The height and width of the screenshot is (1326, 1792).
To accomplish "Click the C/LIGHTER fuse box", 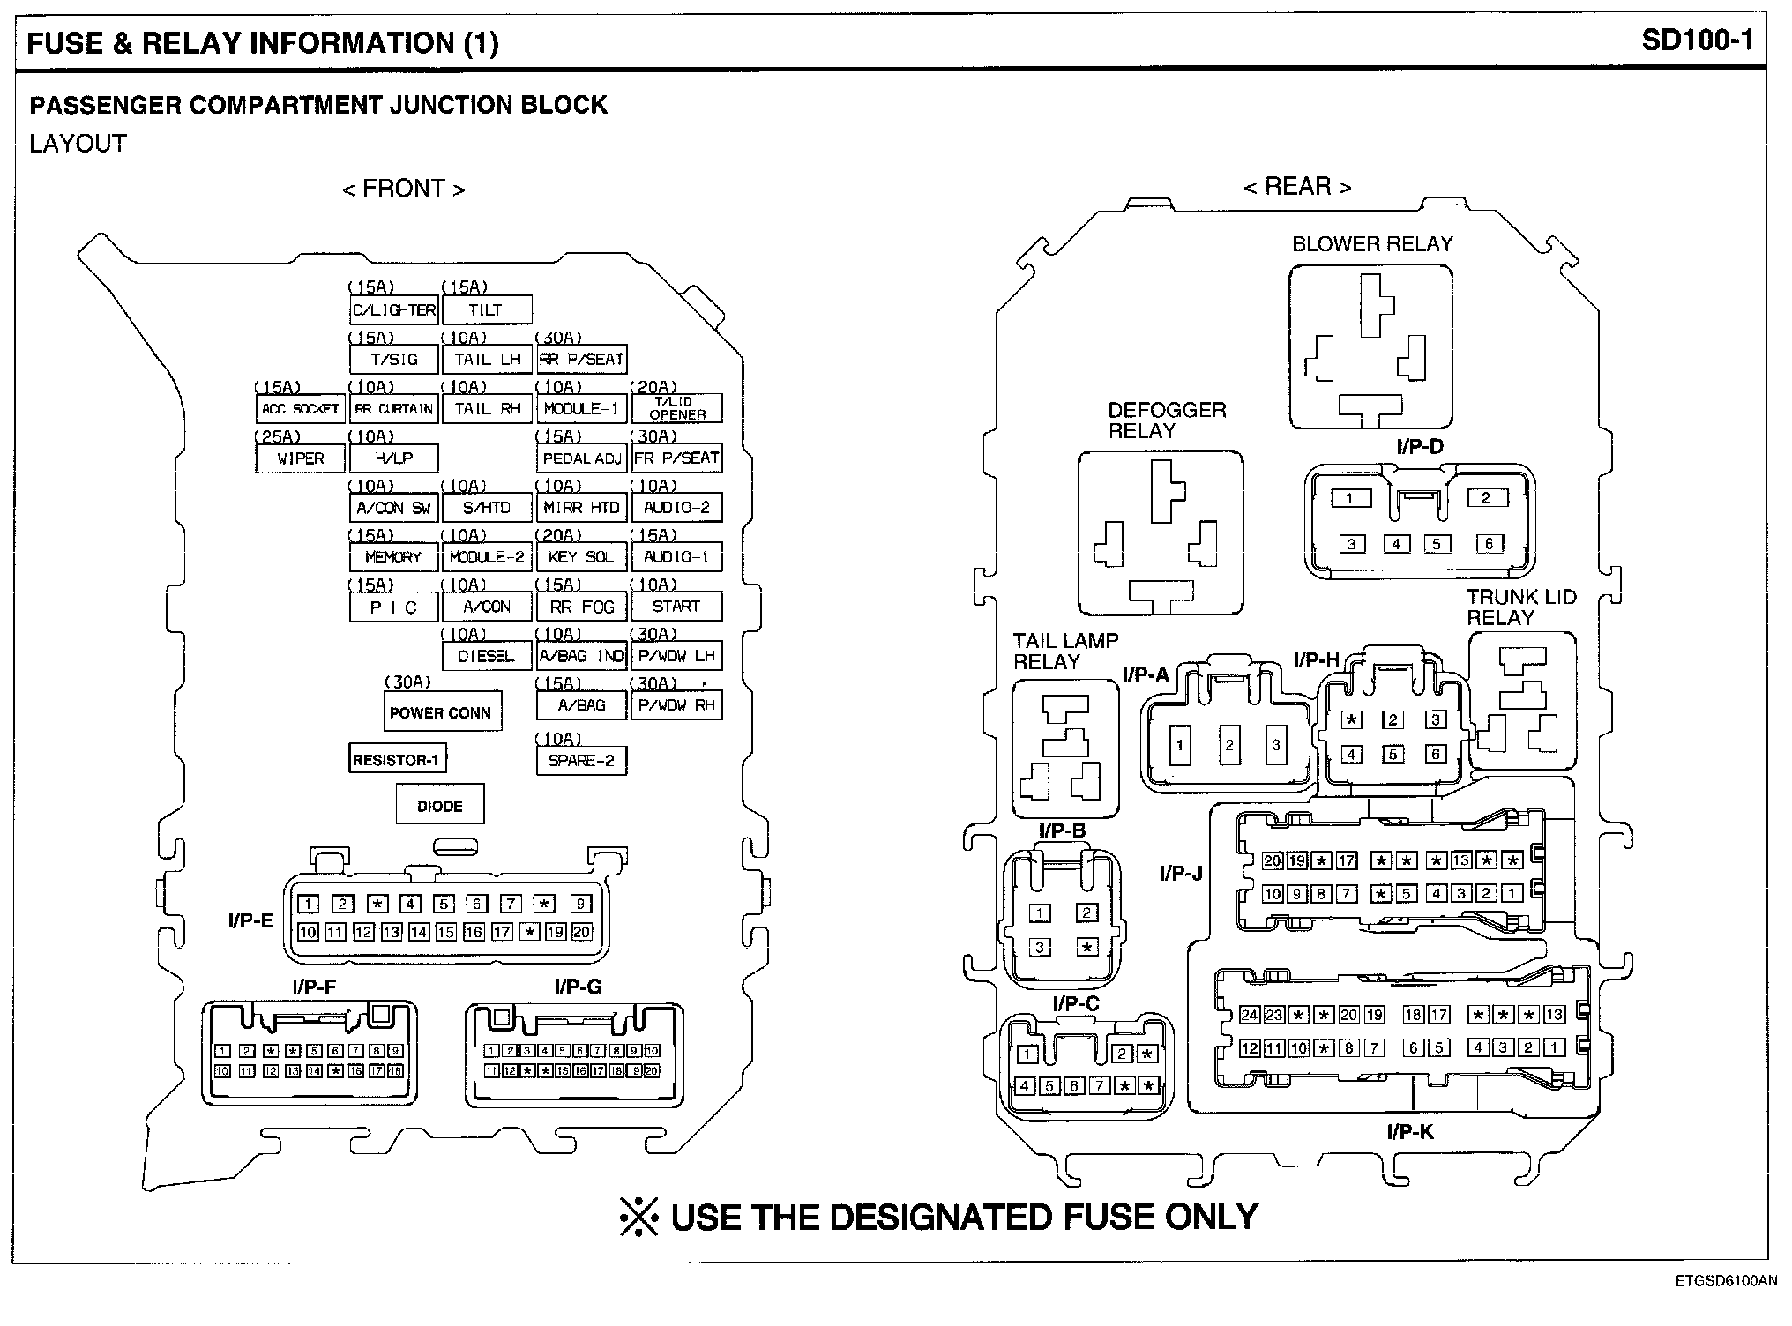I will point(393,310).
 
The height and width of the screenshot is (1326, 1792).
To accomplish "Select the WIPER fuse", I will point(300,458).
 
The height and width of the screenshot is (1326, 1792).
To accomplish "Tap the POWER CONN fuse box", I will point(442,712).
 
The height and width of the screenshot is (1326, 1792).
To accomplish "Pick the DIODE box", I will point(440,806).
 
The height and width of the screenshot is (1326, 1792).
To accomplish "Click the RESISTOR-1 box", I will point(397,760).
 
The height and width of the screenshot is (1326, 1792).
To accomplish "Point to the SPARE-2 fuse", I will point(581,760).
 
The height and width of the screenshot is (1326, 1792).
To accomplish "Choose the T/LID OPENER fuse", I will point(676,408).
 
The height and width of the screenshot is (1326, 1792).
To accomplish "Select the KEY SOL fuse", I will point(581,557).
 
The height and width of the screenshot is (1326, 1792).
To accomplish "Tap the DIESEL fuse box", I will point(487,656).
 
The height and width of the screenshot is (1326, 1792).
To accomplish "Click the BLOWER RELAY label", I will point(1372,244).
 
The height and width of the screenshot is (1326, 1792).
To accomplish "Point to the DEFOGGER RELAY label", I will point(1167,421).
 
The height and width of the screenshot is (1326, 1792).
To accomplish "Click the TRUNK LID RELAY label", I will point(1520,607).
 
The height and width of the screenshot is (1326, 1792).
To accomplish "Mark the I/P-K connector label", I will point(1409,1132).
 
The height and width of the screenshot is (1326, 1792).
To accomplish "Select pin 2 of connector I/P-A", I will point(1228,745).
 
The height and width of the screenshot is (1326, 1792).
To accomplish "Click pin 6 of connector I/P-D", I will point(1489,544).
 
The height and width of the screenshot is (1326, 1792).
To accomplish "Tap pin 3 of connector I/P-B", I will point(1041,948).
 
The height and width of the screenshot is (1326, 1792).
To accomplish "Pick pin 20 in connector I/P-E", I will point(582,932).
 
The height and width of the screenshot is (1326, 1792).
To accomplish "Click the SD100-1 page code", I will point(1698,41).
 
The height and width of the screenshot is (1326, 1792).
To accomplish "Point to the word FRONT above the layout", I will point(403,189).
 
